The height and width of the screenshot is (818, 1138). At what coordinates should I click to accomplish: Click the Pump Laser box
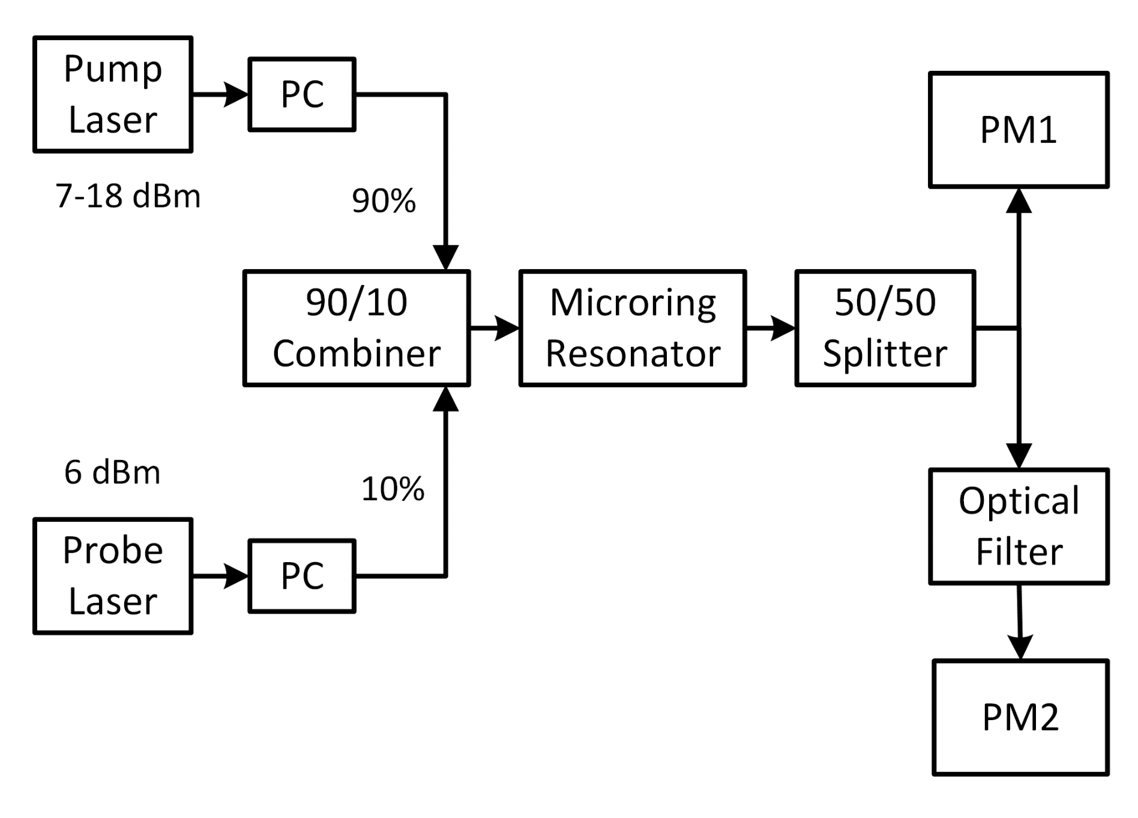pos(113,94)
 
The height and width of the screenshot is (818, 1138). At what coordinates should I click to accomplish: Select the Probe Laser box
pos(113,576)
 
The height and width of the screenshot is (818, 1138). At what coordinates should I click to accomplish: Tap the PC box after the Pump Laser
pos(302,94)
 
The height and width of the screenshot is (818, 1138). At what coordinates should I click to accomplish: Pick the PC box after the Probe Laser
pos(302,576)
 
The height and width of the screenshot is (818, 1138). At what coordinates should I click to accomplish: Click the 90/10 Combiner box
pos(357,328)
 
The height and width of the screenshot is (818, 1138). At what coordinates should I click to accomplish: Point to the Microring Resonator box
pos(633,328)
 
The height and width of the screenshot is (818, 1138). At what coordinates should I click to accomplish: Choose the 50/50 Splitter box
pos(885,328)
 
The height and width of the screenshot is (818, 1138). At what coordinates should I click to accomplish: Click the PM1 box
pos(1019,130)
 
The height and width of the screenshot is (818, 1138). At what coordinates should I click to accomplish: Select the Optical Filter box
pos(1019,526)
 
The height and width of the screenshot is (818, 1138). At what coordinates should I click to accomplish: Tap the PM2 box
pos(1020,717)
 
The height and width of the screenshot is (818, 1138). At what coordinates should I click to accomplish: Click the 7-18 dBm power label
pos(128,196)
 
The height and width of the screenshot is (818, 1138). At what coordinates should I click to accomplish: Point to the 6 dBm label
pos(112,473)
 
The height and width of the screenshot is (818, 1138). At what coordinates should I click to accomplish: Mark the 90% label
pos(384,201)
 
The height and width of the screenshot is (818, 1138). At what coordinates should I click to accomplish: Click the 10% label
pos(393,489)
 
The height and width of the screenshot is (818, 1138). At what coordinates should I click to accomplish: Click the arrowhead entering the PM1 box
pos(1019,201)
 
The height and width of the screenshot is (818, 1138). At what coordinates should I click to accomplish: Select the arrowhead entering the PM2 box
pos(1020,647)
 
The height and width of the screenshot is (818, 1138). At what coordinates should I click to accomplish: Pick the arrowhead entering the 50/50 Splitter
pos(783,329)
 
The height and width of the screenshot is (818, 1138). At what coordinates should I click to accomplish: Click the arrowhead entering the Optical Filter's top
pos(1019,456)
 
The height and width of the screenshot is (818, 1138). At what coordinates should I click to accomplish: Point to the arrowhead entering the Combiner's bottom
pos(445,399)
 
